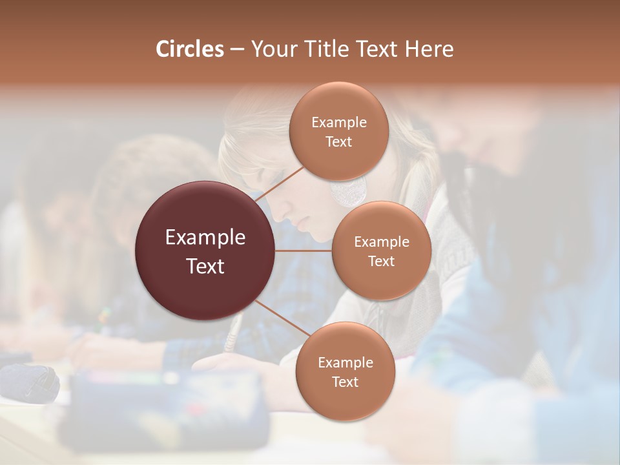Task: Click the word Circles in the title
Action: [x=189, y=49]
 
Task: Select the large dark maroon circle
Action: [x=205, y=291]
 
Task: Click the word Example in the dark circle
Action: [x=205, y=238]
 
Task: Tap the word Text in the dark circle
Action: [x=205, y=266]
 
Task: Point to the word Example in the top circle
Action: [x=338, y=123]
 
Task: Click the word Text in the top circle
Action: [x=338, y=142]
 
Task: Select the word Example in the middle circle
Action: [x=381, y=242]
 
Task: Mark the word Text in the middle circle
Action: [x=381, y=262]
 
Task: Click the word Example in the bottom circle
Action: [x=346, y=363]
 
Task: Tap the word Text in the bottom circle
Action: [x=346, y=382]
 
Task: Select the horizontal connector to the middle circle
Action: [x=304, y=251]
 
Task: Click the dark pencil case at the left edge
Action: [x=29, y=381]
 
